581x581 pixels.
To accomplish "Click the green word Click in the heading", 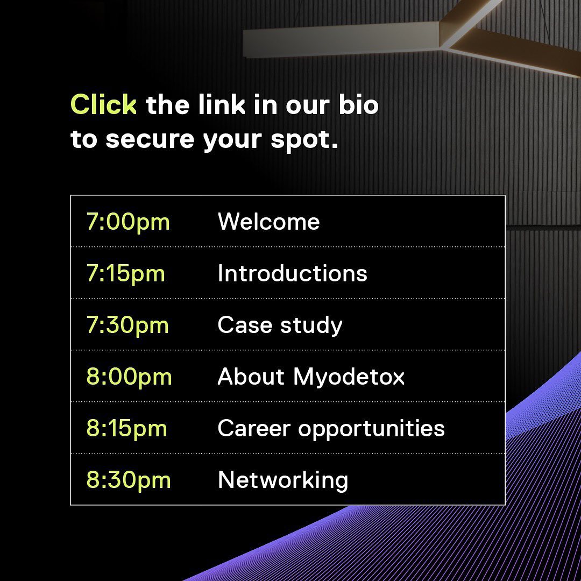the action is tap(103, 104).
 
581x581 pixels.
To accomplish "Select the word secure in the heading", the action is tap(150, 140).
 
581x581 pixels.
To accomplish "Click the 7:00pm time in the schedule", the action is tap(128, 222).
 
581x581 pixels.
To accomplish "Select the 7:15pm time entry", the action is tap(125, 273).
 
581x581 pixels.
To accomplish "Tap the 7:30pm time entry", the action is tap(127, 325).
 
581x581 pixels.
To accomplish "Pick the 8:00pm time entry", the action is tap(129, 377).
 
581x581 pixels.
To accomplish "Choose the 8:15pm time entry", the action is tap(127, 428).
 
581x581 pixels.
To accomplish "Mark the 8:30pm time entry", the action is tap(129, 480).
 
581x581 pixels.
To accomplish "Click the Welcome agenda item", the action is tap(268, 222).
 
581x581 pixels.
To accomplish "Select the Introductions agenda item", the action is tap(292, 273).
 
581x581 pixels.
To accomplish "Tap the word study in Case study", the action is tap(311, 326).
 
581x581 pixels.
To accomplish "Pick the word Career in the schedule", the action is tap(254, 428).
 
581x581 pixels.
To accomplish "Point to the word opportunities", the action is tap(371, 429).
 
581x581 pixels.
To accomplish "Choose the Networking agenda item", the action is tap(283, 480).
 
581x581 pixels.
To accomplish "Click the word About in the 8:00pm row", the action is tap(251, 377).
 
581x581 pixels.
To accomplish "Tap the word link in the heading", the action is tap(222, 104).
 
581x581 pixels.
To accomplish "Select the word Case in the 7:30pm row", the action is tap(245, 325).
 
